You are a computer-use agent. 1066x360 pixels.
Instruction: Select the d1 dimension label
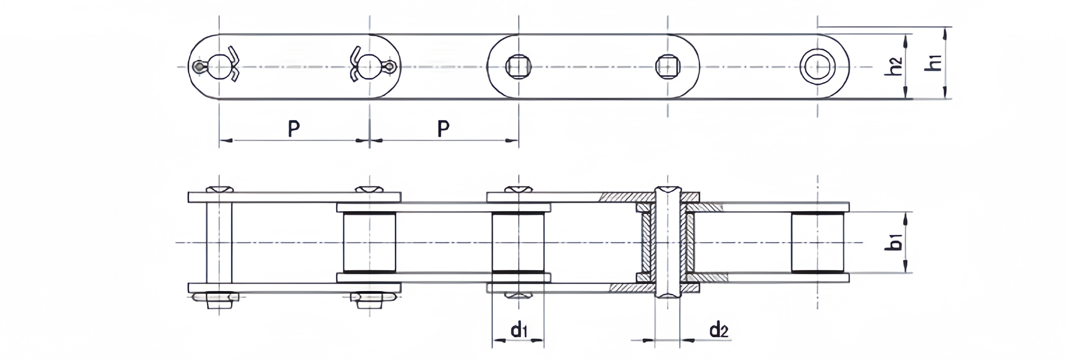[518, 330]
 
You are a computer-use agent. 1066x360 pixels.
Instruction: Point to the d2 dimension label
[719, 330]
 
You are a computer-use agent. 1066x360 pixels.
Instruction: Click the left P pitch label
[294, 129]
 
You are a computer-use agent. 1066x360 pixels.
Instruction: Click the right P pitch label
[443, 129]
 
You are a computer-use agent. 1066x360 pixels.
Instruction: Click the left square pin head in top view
[518, 66]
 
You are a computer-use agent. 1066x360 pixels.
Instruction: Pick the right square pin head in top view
[668, 66]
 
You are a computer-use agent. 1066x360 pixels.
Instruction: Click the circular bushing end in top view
[817, 66]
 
